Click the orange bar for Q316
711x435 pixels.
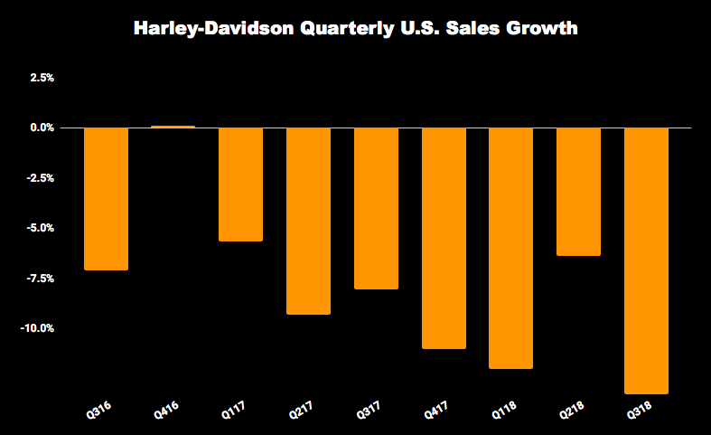[x=106, y=199]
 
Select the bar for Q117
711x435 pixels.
[x=241, y=184]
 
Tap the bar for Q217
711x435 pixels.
[x=309, y=221]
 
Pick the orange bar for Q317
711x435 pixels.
[x=376, y=208]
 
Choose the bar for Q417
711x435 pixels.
[x=444, y=238]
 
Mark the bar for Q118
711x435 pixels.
[x=511, y=248]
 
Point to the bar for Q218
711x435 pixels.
[x=578, y=192]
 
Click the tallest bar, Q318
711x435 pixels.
[x=646, y=260]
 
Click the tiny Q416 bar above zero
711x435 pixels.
[x=173, y=127]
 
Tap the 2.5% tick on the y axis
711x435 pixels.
[x=42, y=78]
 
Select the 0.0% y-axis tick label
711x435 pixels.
[x=42, y=128]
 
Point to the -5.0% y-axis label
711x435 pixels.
[x=41, y=228]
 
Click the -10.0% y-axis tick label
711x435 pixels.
[x=38, y=328]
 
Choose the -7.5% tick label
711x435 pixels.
[x=41, y=279]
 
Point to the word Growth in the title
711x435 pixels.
[x=541, y=29]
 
